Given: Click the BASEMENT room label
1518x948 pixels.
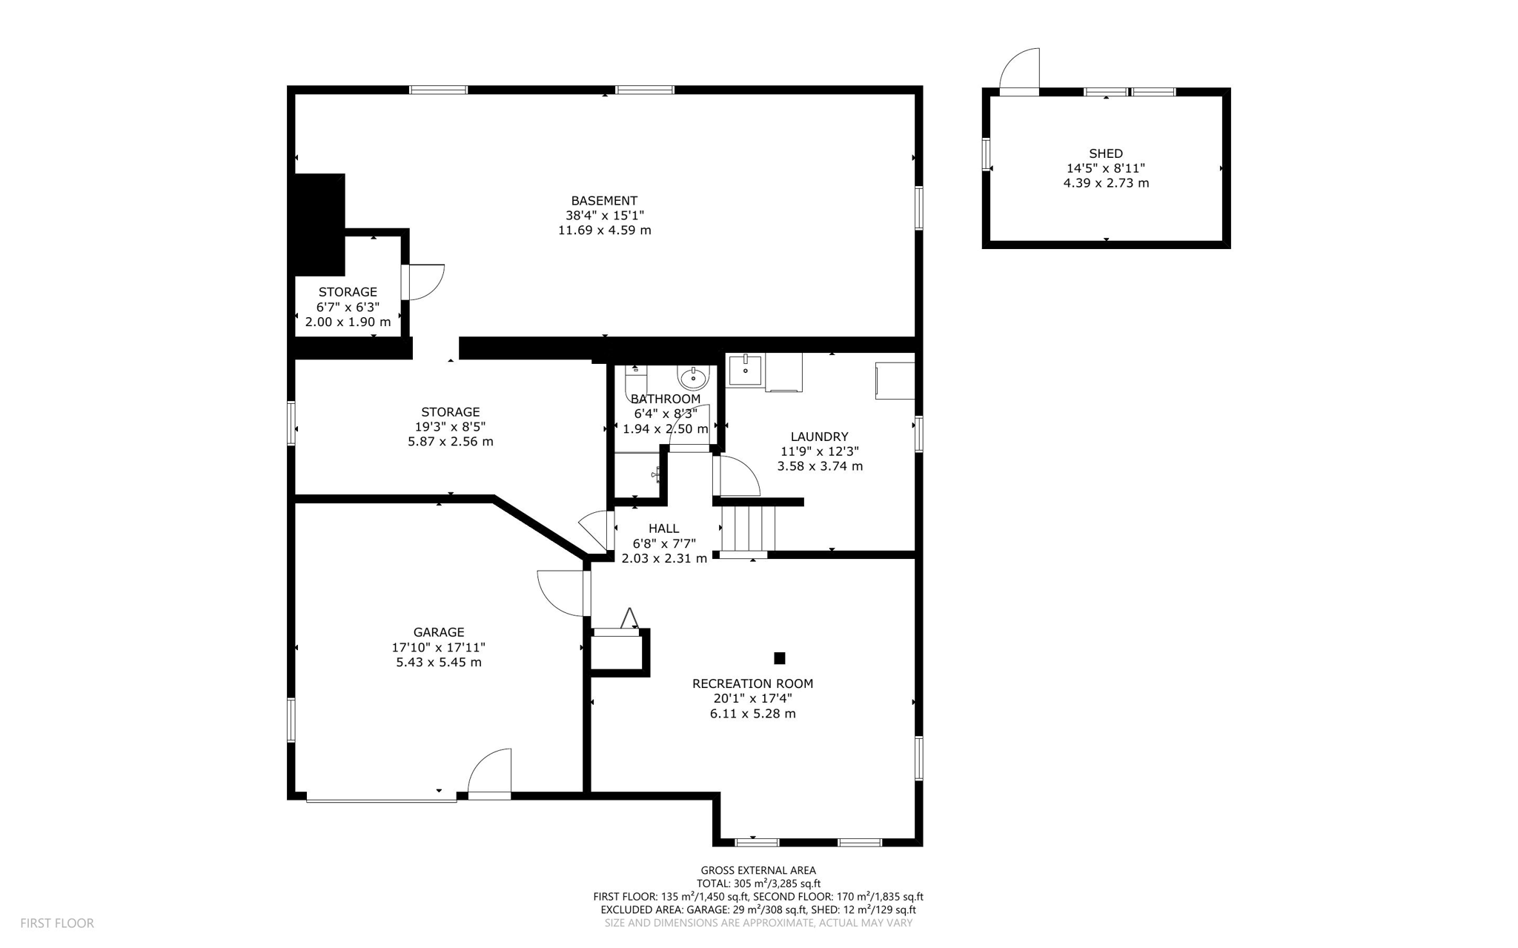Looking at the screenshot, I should [604, 201].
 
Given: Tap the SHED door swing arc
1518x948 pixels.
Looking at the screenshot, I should [1021, 70].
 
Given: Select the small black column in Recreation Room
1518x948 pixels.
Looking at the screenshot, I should [779, 658].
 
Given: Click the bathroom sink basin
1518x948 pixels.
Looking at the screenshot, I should [694, 377].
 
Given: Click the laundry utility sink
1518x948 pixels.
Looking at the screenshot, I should [744, 369].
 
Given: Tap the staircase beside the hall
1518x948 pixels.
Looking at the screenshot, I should [748, 528].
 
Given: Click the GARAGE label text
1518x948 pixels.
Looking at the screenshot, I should [439, 632].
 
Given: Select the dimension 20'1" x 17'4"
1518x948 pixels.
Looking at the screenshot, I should [752, 698].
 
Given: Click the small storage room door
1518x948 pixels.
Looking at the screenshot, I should [424, 282].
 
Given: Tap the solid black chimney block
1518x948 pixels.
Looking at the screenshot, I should [319, 223].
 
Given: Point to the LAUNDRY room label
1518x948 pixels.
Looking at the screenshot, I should [819, 437].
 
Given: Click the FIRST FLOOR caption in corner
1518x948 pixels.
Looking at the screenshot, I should [57, 924].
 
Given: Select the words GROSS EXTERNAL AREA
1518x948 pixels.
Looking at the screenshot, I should [758, 870].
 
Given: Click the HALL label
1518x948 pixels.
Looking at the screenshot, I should [663, 528].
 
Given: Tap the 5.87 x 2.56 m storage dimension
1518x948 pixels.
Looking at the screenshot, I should [450, 442].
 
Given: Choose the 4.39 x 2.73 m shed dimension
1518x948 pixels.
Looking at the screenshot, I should [1106, 183].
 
